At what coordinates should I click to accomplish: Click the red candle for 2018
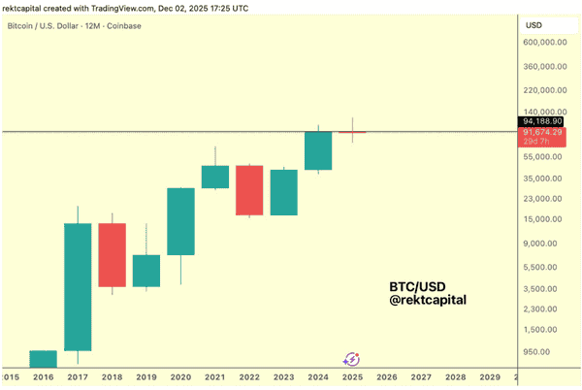point(113,255)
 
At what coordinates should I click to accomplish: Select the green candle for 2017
point(78,286)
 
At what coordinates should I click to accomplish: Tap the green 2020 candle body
point(180,221)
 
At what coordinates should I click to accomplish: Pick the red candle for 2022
point(249,189)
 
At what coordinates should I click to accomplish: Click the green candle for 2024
point(318,150)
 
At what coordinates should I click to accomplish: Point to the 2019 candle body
point(146,271)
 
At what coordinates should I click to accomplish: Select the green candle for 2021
point(215,177)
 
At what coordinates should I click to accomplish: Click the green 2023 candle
point(283,192)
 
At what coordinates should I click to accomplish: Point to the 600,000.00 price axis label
point(543,43)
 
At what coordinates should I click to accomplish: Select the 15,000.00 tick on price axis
point(543,219)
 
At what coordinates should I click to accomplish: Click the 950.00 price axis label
point(545,353)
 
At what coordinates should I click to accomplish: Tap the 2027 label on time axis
point(421,376)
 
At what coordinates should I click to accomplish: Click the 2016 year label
point(45,376)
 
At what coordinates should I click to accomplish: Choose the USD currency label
point(533,24)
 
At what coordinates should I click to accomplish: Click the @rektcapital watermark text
point(428,301)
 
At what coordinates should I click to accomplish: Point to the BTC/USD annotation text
point(415,287)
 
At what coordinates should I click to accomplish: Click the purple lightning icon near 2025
point(351,359)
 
